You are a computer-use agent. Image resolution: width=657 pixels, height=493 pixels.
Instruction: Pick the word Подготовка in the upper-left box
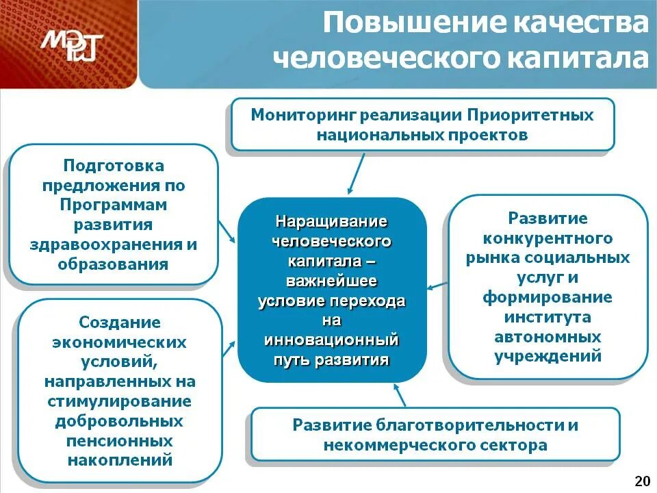click(x=114, y=166)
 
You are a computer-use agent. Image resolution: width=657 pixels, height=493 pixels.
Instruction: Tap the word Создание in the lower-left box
click(x=120, y=322)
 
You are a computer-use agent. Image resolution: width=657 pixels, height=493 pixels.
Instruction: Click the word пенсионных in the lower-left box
click(x=120, y=440)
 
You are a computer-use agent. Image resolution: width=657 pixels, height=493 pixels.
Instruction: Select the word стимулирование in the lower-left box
click(x=120, y=401)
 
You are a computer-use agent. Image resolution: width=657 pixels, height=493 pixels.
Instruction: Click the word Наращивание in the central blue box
click(x=332, y=223)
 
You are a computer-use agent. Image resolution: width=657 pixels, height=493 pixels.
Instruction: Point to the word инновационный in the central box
click(x=332, y=340)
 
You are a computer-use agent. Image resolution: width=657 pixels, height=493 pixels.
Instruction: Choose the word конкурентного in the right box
click(x=547, y=238)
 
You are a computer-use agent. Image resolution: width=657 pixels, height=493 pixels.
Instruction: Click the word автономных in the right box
click(x=547, y=337)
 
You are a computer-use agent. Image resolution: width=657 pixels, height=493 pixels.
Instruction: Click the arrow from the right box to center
click(x=438, y=286)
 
